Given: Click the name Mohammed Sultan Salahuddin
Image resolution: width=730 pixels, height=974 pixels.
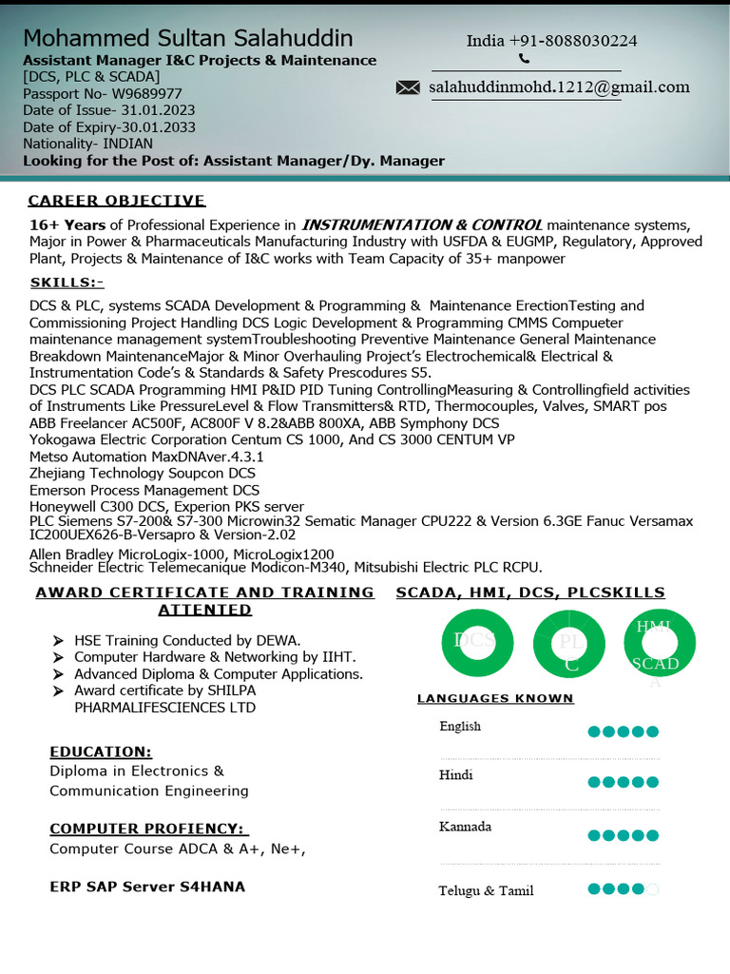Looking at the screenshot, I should point(188,39).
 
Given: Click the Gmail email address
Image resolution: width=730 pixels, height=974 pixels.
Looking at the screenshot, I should point(559,88).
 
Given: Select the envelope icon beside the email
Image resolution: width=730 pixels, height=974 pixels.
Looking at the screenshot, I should point(408,88).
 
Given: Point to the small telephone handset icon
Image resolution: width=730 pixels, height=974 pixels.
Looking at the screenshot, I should point(524,59).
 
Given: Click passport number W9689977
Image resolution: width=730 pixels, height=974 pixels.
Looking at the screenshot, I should point(103,93).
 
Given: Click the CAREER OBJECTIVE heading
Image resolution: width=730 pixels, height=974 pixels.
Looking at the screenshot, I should point(117,201).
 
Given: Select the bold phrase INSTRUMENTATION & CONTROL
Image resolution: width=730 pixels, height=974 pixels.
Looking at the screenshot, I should point(422,225).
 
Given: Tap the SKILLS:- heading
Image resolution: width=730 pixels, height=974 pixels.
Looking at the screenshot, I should point(67,282).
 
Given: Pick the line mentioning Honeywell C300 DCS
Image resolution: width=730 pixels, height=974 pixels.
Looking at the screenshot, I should point(166,507).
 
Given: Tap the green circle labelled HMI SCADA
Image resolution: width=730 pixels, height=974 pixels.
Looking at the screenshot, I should point(660,644).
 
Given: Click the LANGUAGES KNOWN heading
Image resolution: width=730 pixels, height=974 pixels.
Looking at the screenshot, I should point(495,698).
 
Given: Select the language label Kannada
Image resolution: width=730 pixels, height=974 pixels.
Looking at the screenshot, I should point(465,827).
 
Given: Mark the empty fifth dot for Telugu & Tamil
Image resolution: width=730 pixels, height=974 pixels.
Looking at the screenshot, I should point(653,889).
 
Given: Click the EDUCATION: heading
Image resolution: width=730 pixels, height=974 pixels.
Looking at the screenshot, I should point(101,751).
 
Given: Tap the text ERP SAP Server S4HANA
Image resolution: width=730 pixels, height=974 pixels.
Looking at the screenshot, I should point(147,886).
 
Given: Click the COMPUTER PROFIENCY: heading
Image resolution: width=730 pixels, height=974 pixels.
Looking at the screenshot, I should point(148,828).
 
